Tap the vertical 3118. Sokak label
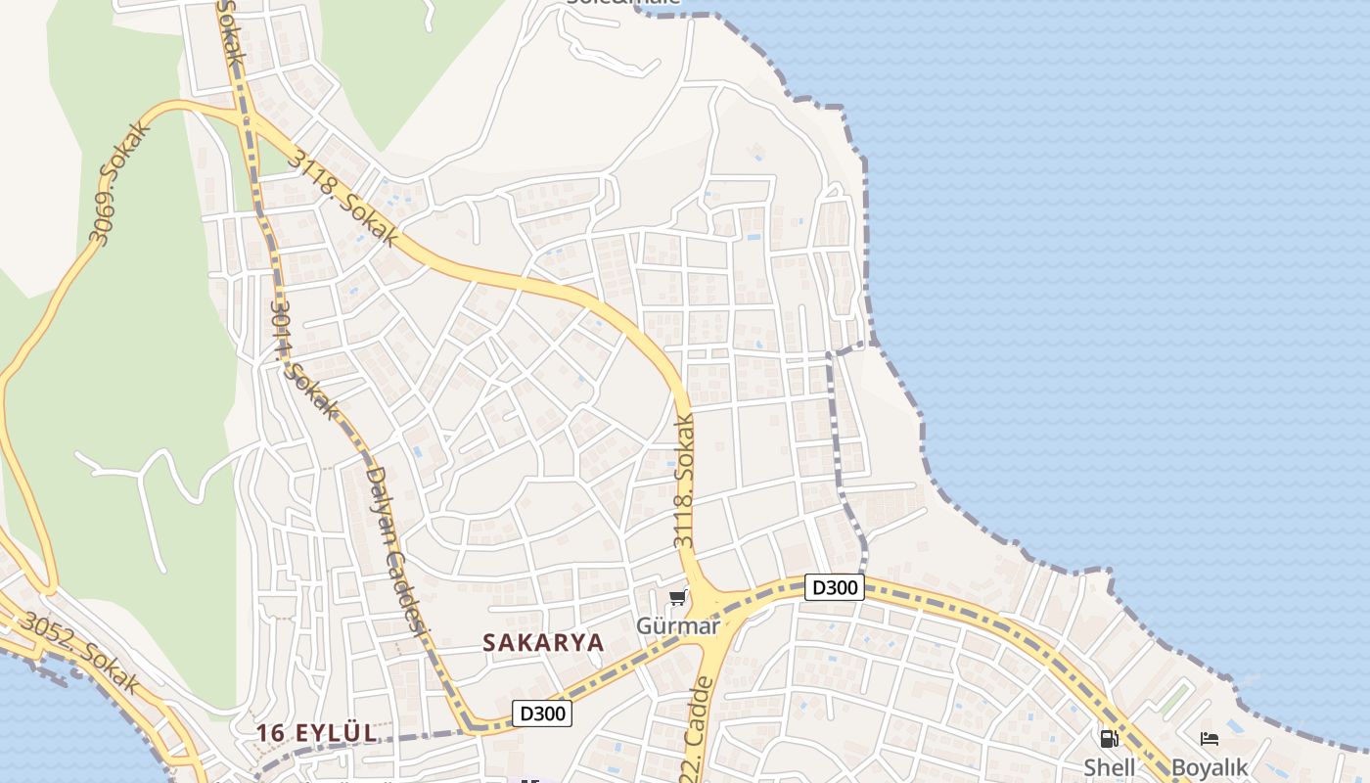click(x=684, y=481)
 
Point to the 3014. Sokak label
click(x=302, y=356)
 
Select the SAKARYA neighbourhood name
click(x=543, y=643)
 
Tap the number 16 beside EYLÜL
click(x=270, y=733)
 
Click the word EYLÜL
click(x=339, y=733)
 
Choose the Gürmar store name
click(x=677, y=626)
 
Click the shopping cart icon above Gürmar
click(x=677, y=597)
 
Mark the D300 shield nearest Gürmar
click(x=835, y=587)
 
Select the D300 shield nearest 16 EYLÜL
click(x=542, y=714)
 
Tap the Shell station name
click(x=1109, y=767)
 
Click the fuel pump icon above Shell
click(x=1109, y=739)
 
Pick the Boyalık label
click(x=1210, y=767)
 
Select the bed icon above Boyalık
click(x=1210, y=739)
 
